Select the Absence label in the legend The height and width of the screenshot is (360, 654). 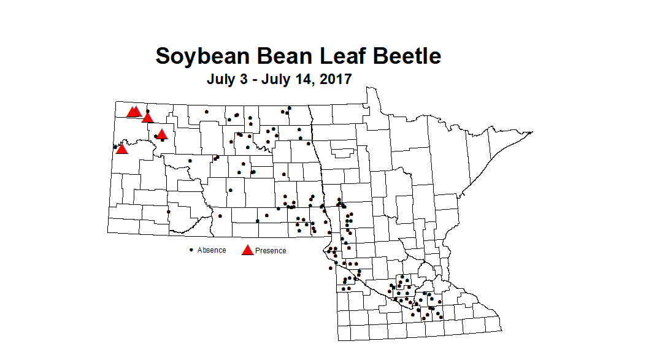tap(212, 250)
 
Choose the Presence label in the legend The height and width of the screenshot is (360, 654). tap(271, 251)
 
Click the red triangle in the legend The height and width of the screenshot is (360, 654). tap(248, 250)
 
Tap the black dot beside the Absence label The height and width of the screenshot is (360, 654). tap(191, 250)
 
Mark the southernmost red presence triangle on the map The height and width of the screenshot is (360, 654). tap(121, 148)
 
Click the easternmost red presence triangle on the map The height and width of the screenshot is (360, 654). tap(161, 134)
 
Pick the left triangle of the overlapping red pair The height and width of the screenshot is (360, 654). tap(131, 112)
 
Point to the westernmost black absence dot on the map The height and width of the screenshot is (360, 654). tap(115, 147)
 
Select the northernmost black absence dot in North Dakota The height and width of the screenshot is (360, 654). tap(290, 108)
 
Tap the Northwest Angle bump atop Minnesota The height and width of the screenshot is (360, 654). tap(371, 91)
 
